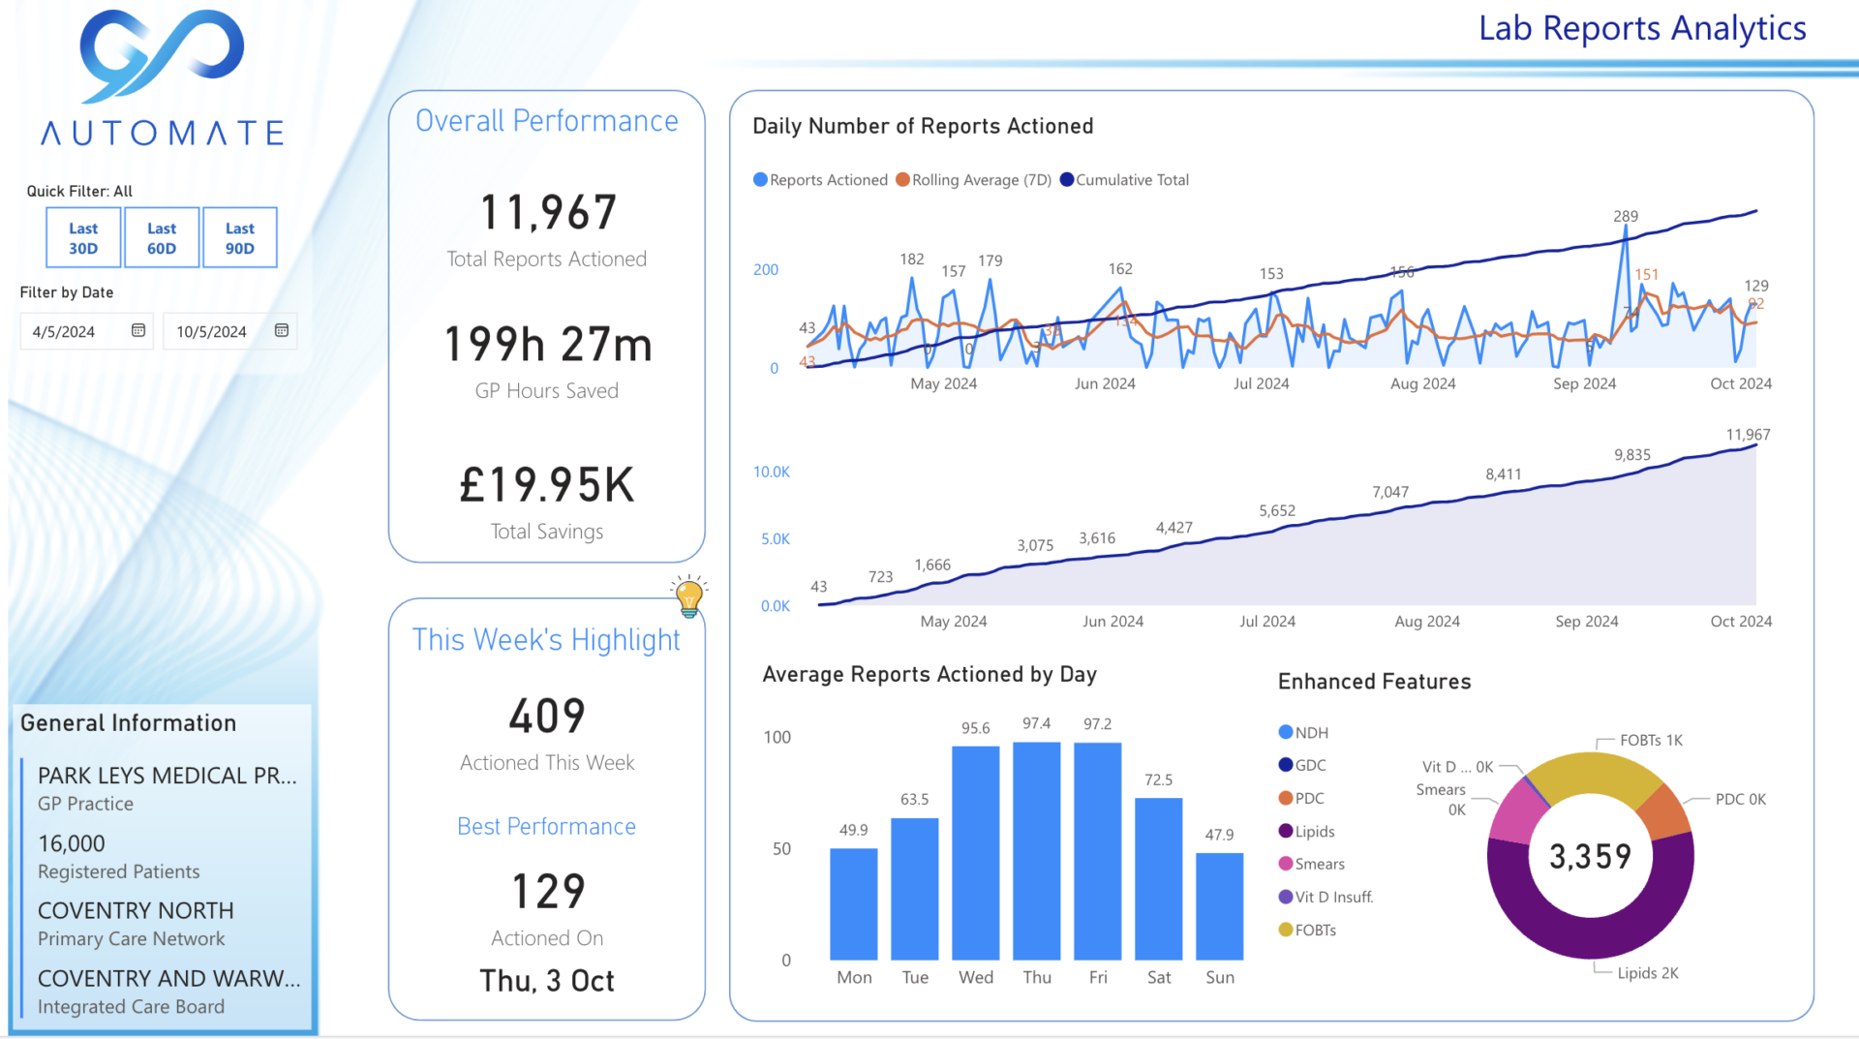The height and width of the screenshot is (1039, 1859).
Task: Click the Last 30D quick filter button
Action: tap(83, 238)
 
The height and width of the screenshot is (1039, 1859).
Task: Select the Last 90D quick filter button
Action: tap(240, 238)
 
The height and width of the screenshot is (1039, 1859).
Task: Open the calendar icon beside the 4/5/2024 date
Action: tap(138, 331)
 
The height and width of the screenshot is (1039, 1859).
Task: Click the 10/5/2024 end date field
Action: tap(212, 332)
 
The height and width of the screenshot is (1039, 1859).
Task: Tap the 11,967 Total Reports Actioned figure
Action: tap(548, 213)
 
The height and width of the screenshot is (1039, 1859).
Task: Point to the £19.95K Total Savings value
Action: tap(547, 485)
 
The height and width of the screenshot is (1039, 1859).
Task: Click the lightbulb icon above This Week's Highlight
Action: tap(689, 596)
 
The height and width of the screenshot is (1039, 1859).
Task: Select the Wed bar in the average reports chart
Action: tap(975, 852)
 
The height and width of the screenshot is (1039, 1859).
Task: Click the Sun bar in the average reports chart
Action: tap(1219, 905)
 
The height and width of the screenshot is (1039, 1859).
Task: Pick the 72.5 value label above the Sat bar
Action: tap(1158, 780)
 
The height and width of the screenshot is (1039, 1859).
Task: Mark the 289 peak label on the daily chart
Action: tap(1626, 217)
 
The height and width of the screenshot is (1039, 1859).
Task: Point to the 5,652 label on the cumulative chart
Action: tap(1277, 511)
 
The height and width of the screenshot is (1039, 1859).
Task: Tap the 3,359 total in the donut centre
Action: tap(1590, 856)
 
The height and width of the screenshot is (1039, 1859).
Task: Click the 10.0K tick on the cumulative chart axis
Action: tap(772, 473)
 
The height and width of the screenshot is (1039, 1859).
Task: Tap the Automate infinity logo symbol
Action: tap(162, 55)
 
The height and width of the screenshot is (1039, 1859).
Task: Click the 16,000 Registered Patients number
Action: tap(72, 844)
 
